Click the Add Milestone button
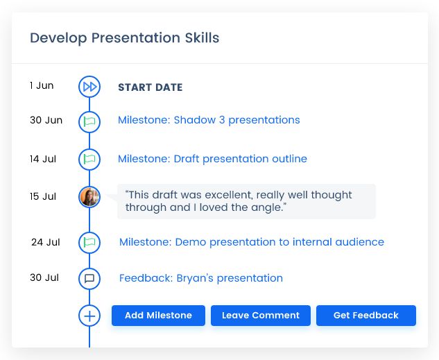point(158,316)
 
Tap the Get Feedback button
point(365,316)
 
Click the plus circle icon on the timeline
point(89,316)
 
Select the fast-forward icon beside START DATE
point(89,87)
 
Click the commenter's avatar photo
point(89,197)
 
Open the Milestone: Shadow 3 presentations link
point(209,120)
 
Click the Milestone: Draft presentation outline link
point(212,159)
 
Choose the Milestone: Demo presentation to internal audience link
point(251,242)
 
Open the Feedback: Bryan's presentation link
point(200,278)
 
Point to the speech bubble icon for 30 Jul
point(89,278)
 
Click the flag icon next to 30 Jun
point(89,121)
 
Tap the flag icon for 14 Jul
point(89,159)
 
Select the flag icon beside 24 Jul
point(89,242)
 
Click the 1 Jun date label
point(42,86)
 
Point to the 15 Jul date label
point(43,197)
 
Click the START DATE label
point(150,87)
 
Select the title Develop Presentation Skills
point(124,38)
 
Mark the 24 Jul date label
point(45,242)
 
